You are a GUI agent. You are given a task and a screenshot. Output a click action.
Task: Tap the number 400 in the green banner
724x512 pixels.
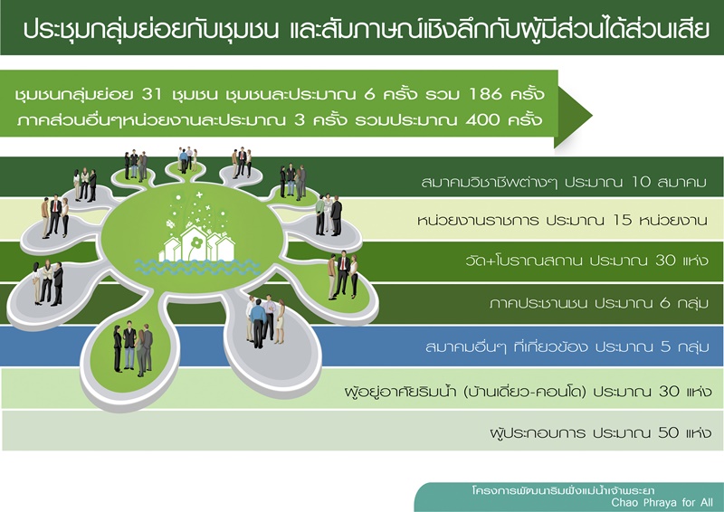483,119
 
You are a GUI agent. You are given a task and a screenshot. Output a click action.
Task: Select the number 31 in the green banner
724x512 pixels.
152,94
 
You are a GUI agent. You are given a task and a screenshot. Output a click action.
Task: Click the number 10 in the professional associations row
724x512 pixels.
641,182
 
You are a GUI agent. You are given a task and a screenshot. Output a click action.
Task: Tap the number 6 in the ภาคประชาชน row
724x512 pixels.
665,303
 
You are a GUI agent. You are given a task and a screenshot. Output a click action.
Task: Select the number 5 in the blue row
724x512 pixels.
665,346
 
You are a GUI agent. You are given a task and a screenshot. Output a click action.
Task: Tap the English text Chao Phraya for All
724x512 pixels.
662,502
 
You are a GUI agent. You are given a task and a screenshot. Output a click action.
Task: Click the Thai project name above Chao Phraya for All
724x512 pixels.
563,490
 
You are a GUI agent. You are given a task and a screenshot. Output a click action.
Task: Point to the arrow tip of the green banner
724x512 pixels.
592,116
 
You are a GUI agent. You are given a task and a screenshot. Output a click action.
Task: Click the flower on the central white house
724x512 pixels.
196,242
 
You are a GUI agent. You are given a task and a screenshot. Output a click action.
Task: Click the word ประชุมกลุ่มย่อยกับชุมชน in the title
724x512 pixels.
151,29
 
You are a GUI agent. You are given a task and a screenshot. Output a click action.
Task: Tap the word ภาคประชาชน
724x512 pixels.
538,303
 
